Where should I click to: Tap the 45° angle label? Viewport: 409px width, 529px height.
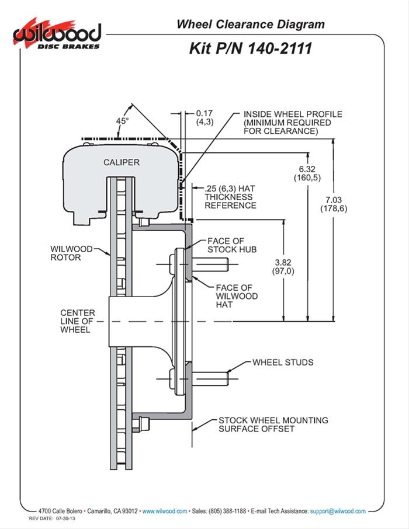tap(122, 121)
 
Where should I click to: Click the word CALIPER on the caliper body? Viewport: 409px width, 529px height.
tap(122, 162)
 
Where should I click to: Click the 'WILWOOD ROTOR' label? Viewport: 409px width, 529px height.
tap(71, 253)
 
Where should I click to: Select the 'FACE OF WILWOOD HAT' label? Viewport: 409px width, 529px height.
tap(233, 296)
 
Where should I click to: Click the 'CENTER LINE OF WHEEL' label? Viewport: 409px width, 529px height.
tap(77, 321)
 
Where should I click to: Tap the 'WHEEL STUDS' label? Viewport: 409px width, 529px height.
tap(283, 363)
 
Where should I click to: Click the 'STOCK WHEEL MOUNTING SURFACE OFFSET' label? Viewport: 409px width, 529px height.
tap(272, 424)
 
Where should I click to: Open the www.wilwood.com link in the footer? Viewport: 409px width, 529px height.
tap(165, 510)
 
